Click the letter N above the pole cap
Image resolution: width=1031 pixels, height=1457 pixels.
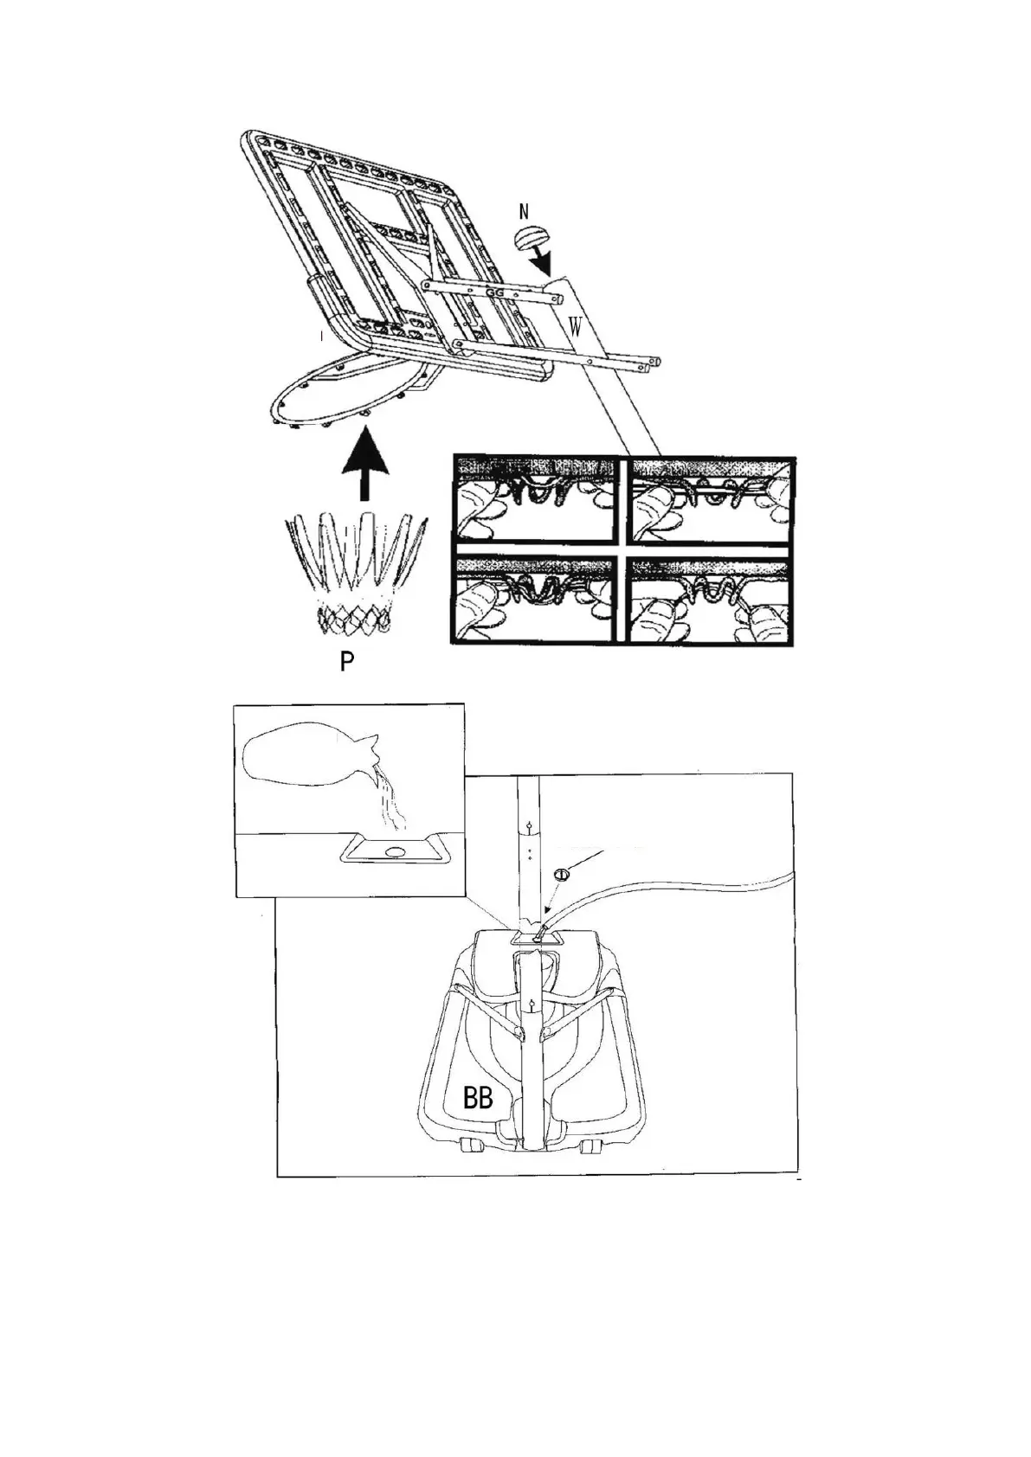pos(524,211)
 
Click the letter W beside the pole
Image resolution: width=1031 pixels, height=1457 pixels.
pos(574,327)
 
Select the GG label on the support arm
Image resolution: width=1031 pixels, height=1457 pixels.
pos(495,293)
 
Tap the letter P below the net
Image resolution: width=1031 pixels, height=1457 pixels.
pos(346,663)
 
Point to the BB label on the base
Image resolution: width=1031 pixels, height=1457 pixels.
pos(478,1099)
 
